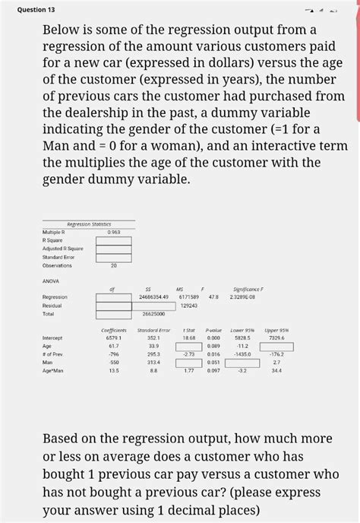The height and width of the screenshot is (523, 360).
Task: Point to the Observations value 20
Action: [x=114, y=266]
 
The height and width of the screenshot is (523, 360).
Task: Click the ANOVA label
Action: [x=52, y=280]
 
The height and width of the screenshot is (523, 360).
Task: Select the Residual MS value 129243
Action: [x=189, y=305]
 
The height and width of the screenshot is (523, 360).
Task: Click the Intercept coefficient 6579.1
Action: [x=112, y=338]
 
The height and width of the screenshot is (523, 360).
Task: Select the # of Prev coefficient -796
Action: [x=112, y=354]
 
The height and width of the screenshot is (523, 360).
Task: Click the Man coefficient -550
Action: [x=112, y=363]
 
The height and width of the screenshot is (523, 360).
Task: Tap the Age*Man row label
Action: [x=53, y=371]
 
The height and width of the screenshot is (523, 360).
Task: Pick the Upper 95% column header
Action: [x=276, y=330]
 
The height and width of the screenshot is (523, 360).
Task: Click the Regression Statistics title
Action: [x=90, y=223]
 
